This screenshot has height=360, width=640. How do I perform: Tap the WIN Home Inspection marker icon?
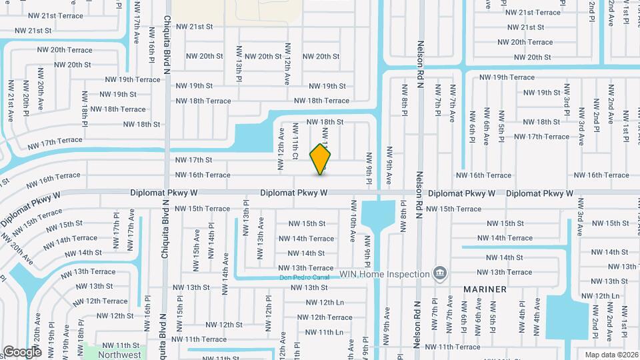[x=439, y=273]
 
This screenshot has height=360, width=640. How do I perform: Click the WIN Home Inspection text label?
[x=384, y=274]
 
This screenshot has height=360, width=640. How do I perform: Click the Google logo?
[x=22, y=351]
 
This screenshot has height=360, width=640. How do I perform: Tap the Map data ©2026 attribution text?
[x=611, y=354]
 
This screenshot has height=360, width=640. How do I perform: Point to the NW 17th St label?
[x=193, y=160]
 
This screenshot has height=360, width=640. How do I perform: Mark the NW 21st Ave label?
[x=11, y=101]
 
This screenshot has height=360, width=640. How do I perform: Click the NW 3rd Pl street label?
[x=565, y=107]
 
